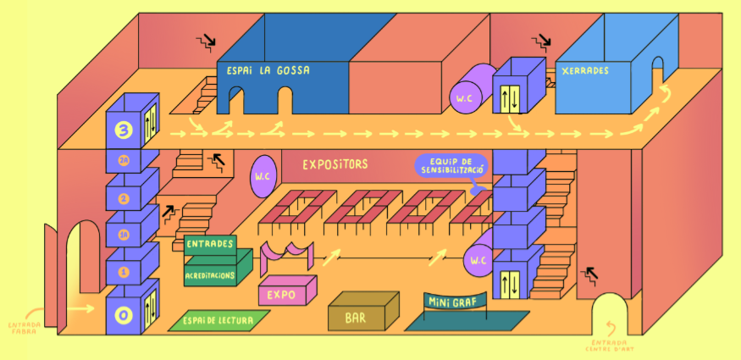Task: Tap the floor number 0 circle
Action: click(x=124, y=316)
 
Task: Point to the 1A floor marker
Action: click(x=124, y=235)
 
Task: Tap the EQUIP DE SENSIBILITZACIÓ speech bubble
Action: click(x=451, y=165)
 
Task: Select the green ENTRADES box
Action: click(x=209, y=244)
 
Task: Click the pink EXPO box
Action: click(x=281, y=295)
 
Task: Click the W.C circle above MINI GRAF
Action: click(x=478, y=261)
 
